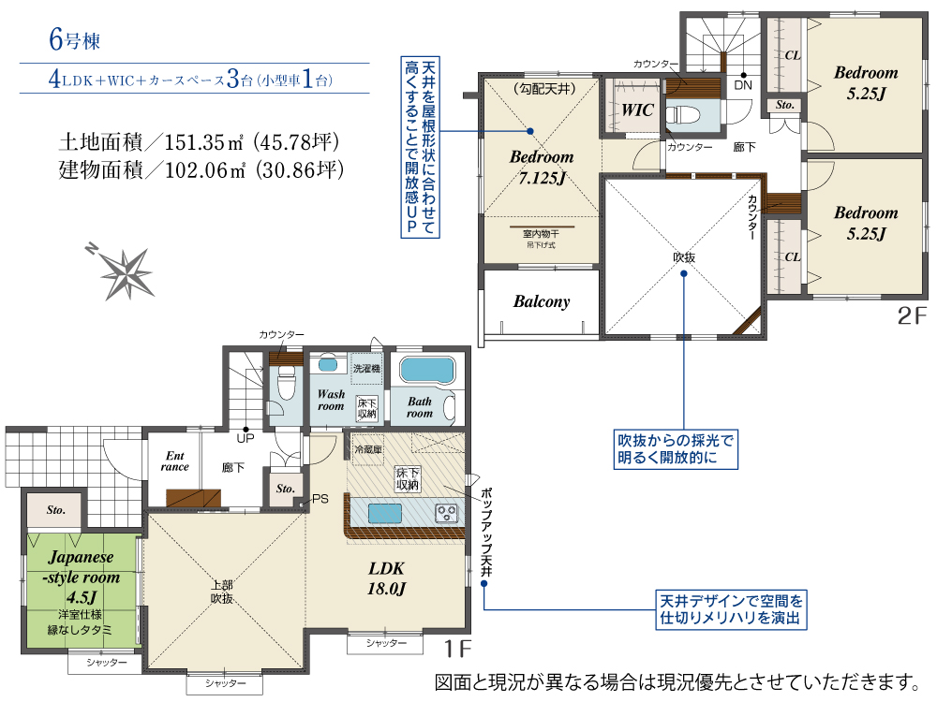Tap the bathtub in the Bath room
tap(427, 370)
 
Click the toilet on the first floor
tap(287, 382)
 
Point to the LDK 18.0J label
tap(386, 578)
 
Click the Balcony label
tap(542, 301)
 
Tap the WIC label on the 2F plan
tap(637, 110)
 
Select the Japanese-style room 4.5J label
tap(82, 577)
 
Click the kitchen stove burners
tap(447, 513)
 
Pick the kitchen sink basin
tap(385, 513)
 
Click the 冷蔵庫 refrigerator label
tap(368, 449)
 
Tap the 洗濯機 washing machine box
tap(366, 368)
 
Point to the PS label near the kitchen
tap(320, 499)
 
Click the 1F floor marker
tap(458, 649)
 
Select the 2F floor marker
tap(912, 315)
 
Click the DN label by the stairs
tap(743, 85)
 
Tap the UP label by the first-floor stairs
tap(245, 439)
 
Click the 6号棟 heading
tap(75, 40)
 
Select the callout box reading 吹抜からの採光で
tap(676, 449)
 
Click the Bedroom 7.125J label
tap(542, 168)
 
